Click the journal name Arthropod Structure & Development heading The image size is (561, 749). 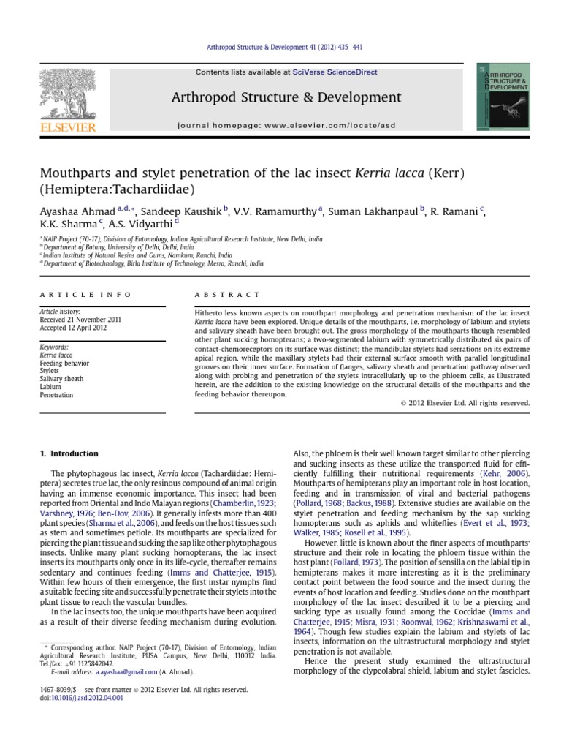click(x=286, y=97)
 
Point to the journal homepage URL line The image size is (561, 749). click(x=286, y=125)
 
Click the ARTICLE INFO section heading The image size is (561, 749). click(x=85, y=295)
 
